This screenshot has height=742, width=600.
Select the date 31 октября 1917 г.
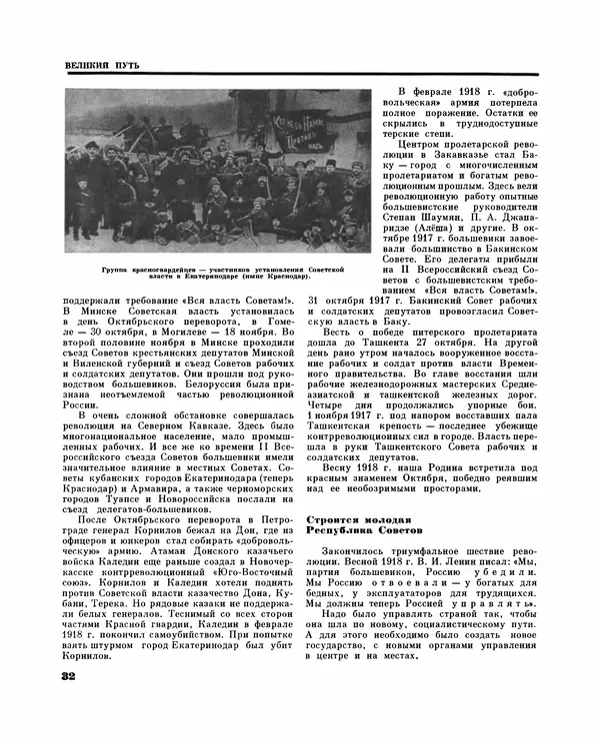click(x=356, y=299)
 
